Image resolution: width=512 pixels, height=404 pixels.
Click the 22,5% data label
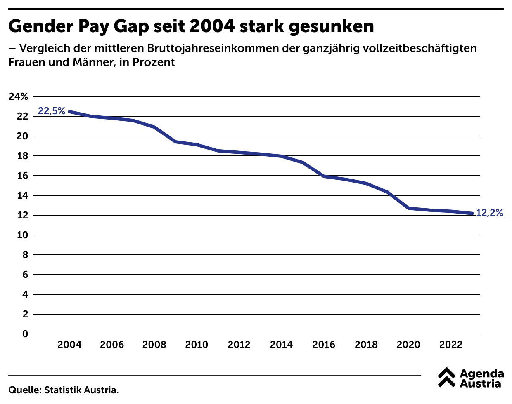[x=52, y=111]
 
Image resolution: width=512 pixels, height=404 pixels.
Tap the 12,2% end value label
[x=489, y=213]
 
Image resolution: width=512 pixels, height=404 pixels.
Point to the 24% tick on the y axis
[x=19, y=97]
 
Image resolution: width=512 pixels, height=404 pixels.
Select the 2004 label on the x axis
[x=69, y=345]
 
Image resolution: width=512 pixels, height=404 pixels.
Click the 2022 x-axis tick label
[x=451, y=345]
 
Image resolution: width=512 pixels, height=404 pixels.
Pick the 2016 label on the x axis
[x=324, y=345]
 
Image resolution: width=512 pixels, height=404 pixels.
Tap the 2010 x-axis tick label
[x=197, y=345]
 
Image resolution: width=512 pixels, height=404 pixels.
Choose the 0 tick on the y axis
[x=25, y=334]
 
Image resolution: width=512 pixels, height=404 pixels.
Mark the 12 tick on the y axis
[x=22, y=215]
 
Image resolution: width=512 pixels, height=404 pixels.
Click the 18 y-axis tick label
[x=22, y=156]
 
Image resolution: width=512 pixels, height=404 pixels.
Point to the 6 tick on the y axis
[x=25, y=275]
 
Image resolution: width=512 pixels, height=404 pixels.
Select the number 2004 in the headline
[x=212, y=27]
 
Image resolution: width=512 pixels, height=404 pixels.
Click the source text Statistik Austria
[x=81, y=390]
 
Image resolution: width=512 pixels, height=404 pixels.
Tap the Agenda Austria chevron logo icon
[x=447, y=377]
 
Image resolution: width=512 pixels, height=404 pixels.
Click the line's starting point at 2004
[x=69, y=112]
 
